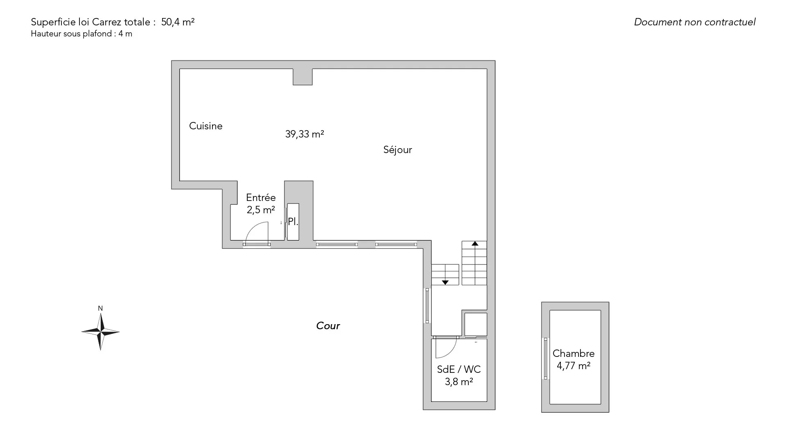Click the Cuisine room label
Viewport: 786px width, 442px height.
(206, 126)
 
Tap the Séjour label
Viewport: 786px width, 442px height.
(398, 150)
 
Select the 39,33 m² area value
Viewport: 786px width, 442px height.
(305, 134)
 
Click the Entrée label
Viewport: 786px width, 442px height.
(261, 198)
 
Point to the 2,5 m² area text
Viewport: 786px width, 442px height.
(261, 210)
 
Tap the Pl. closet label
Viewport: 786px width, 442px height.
(293, 222)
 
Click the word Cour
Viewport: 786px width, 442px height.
(328, 326)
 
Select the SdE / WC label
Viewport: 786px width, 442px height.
(459, 370)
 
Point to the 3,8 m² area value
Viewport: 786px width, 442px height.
(459, 382)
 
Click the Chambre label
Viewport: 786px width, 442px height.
(574, 354)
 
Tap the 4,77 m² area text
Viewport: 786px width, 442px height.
(574, 366)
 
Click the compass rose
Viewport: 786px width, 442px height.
(100, 331)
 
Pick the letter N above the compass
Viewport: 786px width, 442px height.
(100, 309)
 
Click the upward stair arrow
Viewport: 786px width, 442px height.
(475, 244)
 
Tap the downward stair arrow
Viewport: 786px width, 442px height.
(445, 282)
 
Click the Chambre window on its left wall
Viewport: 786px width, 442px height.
(545, 359)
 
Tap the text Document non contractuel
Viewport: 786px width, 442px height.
(695, 22)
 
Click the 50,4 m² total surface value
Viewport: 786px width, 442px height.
(178, 22)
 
